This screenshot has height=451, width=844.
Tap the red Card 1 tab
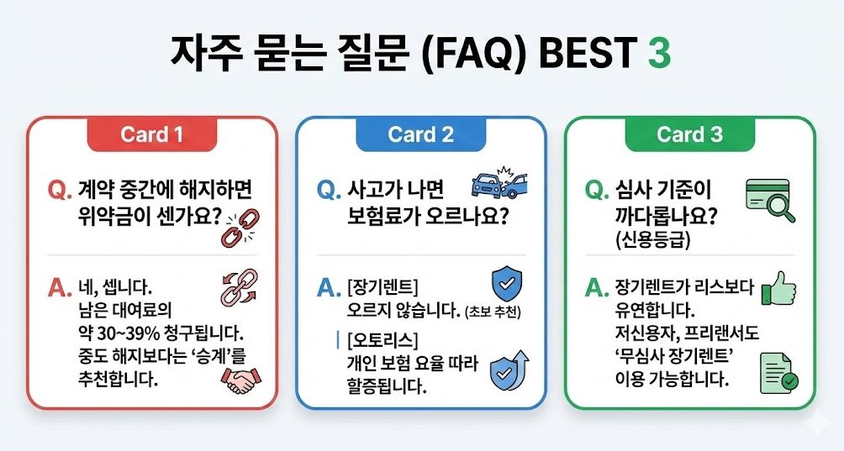[x=152, y=134]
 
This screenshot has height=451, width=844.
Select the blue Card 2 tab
[x=421, y=134]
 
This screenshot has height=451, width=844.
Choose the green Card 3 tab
[x=689, y=134]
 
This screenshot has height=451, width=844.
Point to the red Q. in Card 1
[x=60, y=191]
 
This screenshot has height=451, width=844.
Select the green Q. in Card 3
[x=595, y=191]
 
